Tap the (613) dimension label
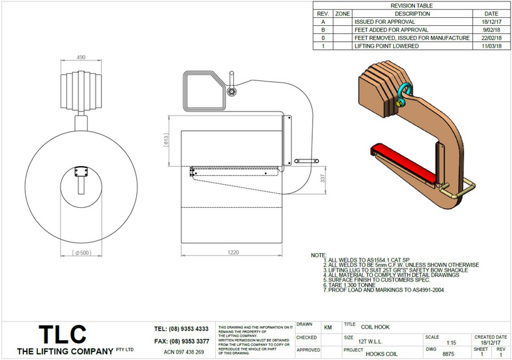167,140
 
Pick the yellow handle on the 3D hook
463,189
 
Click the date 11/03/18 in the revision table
491,46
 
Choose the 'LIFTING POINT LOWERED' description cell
386,46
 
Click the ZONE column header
343,13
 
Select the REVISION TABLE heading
412,5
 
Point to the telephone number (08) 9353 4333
181,329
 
